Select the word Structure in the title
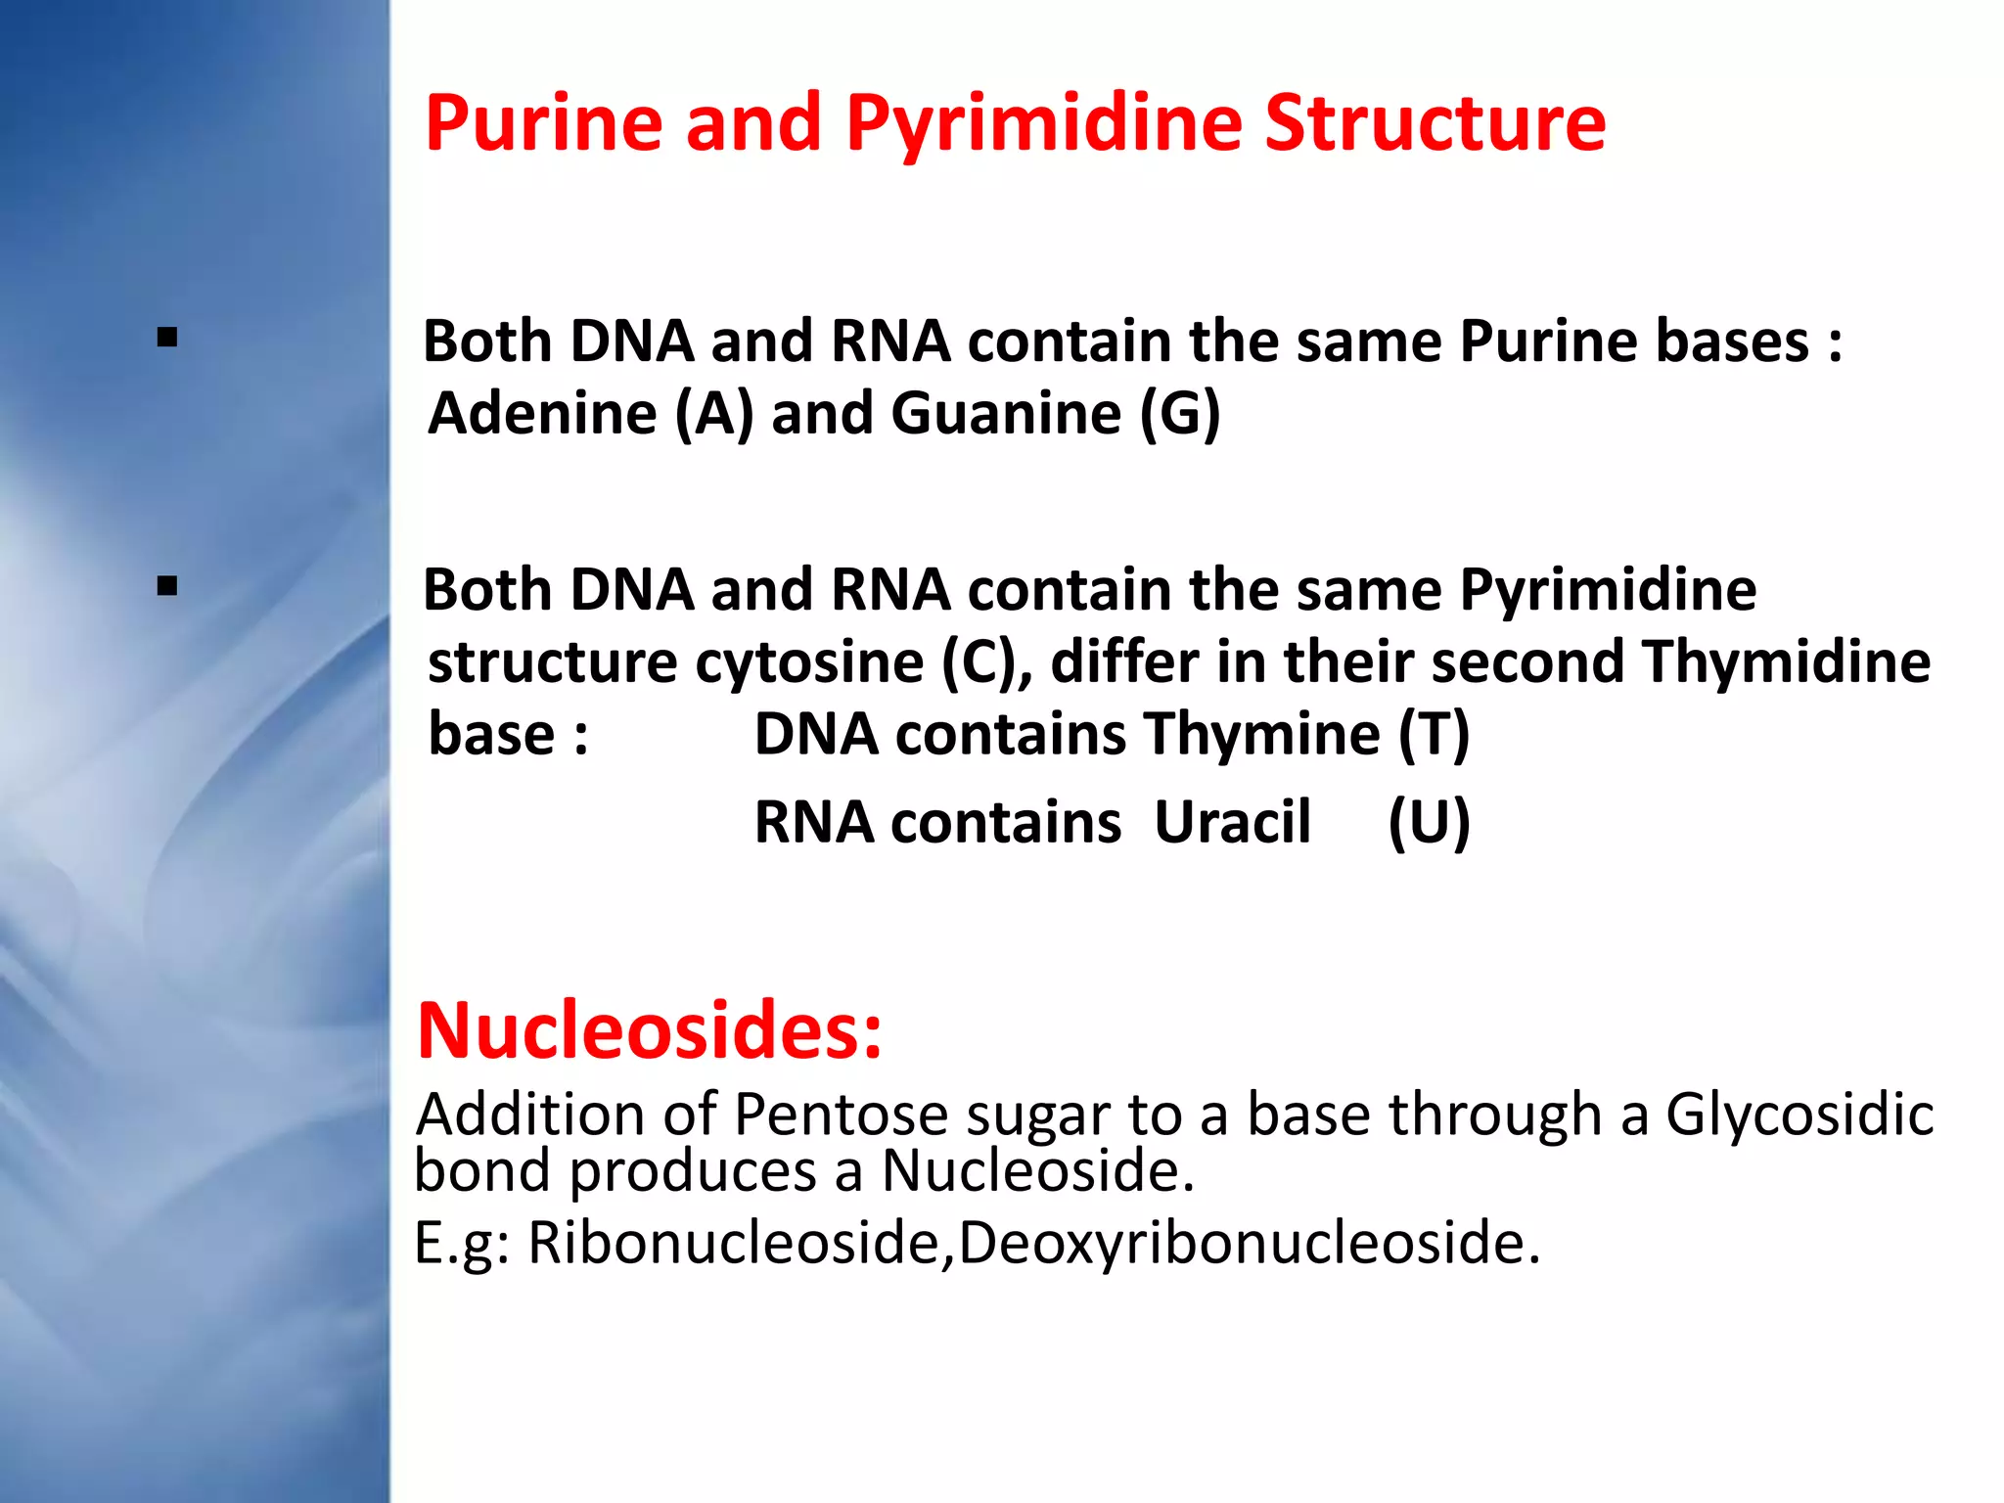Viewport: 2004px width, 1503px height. pos(1435,123)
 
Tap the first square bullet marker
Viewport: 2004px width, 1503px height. pos(167,339)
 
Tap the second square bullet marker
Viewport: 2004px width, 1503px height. pos(167,586)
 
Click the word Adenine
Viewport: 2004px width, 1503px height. pos(542,413)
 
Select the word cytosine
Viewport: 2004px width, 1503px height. pos(809,662)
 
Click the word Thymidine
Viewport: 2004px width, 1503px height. pos(1787,662)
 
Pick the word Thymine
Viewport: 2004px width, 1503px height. pos(1261,734)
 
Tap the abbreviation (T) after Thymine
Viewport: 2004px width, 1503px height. pos(1434,734)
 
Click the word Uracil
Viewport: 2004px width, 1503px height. pos(1232,822)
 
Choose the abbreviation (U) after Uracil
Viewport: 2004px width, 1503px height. pos(1429,822)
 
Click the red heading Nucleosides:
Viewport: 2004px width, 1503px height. pos(650,1031)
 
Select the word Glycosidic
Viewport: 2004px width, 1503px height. pos(1799,1115)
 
